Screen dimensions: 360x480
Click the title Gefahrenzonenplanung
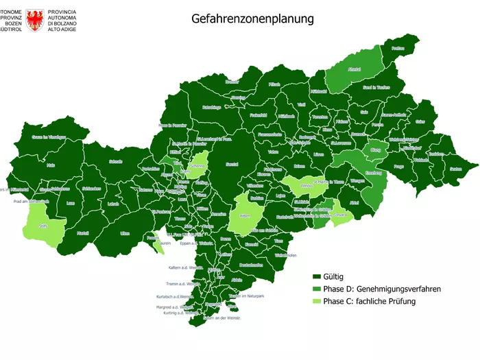coord(252,19)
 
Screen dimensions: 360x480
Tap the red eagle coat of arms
coord(35,21)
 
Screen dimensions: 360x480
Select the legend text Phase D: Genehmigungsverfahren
coord(382,289)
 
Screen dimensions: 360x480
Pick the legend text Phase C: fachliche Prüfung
coord(369,301)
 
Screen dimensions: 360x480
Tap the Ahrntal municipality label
coord(355,70)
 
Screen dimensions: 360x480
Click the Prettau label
coord(398,49)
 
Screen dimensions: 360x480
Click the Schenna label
coord(197,165)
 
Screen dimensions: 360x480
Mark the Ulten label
coord(125,233)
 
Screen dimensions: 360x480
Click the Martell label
coord(83,233)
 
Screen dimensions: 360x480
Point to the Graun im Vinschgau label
coord(49,137)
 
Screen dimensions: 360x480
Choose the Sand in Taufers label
coord(376,88)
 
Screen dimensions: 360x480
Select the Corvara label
coord(341,214)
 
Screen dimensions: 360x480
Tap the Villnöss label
coord(307,184)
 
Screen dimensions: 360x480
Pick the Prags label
coord(399,166)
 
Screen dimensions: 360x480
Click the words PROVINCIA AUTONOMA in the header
coord(62,16)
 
